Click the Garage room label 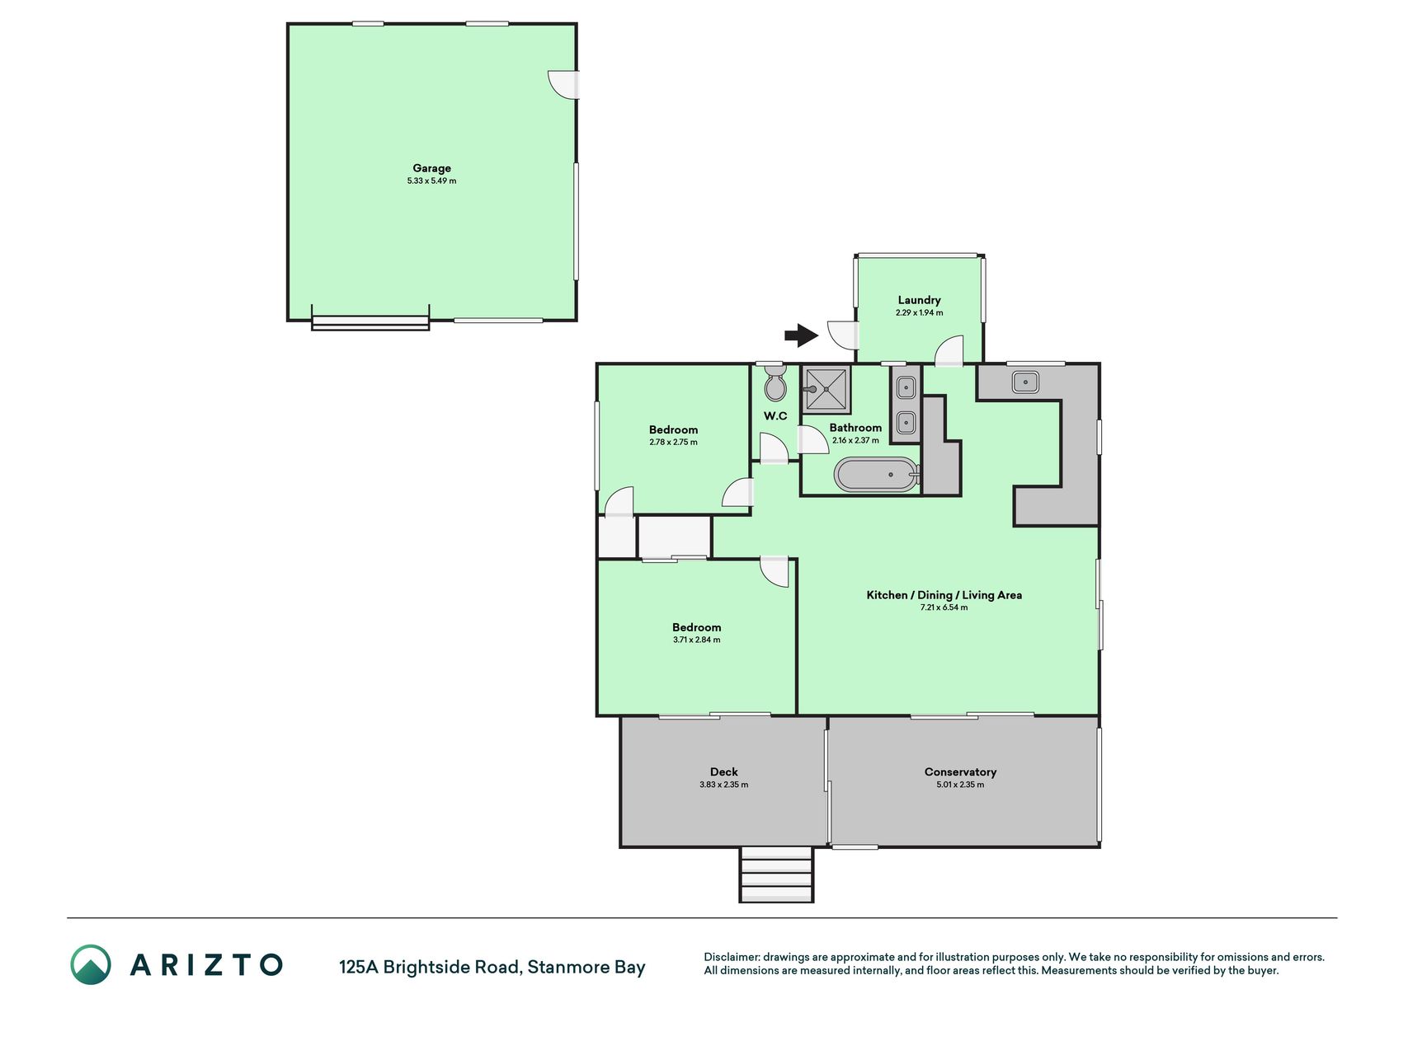(431, 168)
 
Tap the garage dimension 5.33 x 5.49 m (431, 181)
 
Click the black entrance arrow (801, 335)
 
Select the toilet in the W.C (775, 386)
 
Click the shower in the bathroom (826, 389)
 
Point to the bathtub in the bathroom (877, 475)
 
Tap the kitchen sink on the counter (1024, 382)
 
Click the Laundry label (919, 300)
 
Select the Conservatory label (960, 772)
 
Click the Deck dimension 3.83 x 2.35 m (723, 785)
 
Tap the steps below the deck (776, 874)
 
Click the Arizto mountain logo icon (90, 964)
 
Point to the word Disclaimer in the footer (731, 957)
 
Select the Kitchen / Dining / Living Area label (944, 595)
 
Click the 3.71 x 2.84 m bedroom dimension (696, 640)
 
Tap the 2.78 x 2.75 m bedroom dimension (673, 442)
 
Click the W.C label (775, 416)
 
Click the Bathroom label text (855, 428)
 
